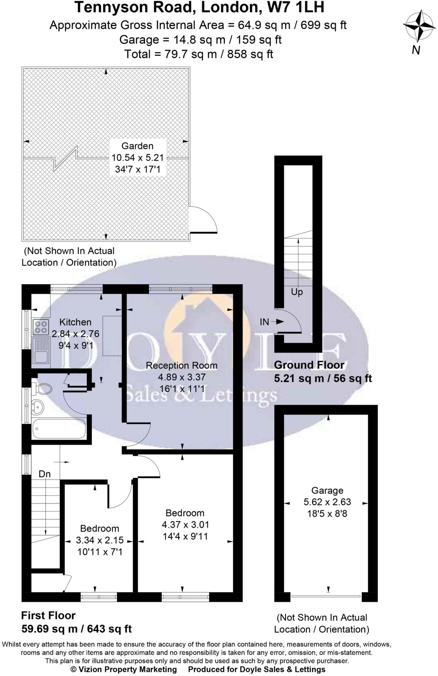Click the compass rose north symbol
coord(419,26)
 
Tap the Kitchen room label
coord(75,322)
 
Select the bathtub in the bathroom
coord(59,429)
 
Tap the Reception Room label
coord(182,365)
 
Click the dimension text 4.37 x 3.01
coord(185,524)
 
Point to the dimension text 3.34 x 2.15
coord(100,540)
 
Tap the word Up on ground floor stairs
coord(297,292)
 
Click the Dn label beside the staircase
coord(45,474)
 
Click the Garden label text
coord(137,146)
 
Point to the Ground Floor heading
coord(309,365)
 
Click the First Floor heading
coord(48,615)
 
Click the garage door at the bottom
coord(326,596)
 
